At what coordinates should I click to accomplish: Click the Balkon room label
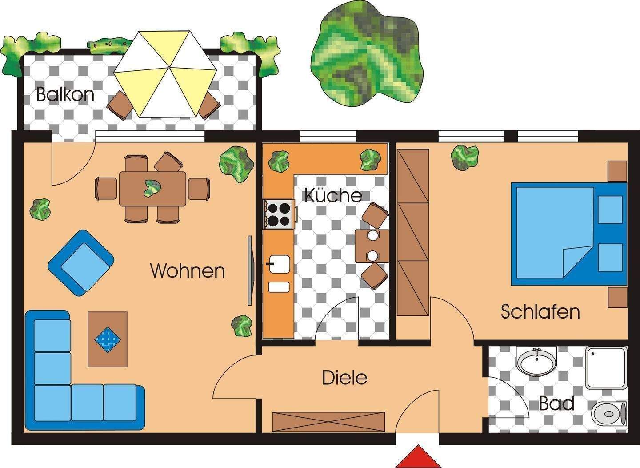click(x=65, y=95)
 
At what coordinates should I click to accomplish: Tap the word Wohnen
click(x=188, y=270)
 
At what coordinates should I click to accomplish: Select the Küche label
click(x=333, y=195)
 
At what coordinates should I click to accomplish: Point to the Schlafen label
click(x=540, y=311)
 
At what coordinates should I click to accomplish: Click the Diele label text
click(x=344, y=378)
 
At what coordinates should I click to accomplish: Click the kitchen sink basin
click(x=278, y=264)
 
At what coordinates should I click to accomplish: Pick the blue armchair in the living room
click(x=80, y=263)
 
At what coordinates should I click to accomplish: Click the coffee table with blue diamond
click(x=108, y=339)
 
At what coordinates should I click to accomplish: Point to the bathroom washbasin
click(x=536, y=361)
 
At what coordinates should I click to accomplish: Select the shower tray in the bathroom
click(x=606, y=368)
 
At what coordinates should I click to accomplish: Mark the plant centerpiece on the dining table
click(x=152, y=188)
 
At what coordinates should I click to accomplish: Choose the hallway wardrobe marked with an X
click(x=328, y=421)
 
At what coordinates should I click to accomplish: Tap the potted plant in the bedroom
click(x=464, y=157)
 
